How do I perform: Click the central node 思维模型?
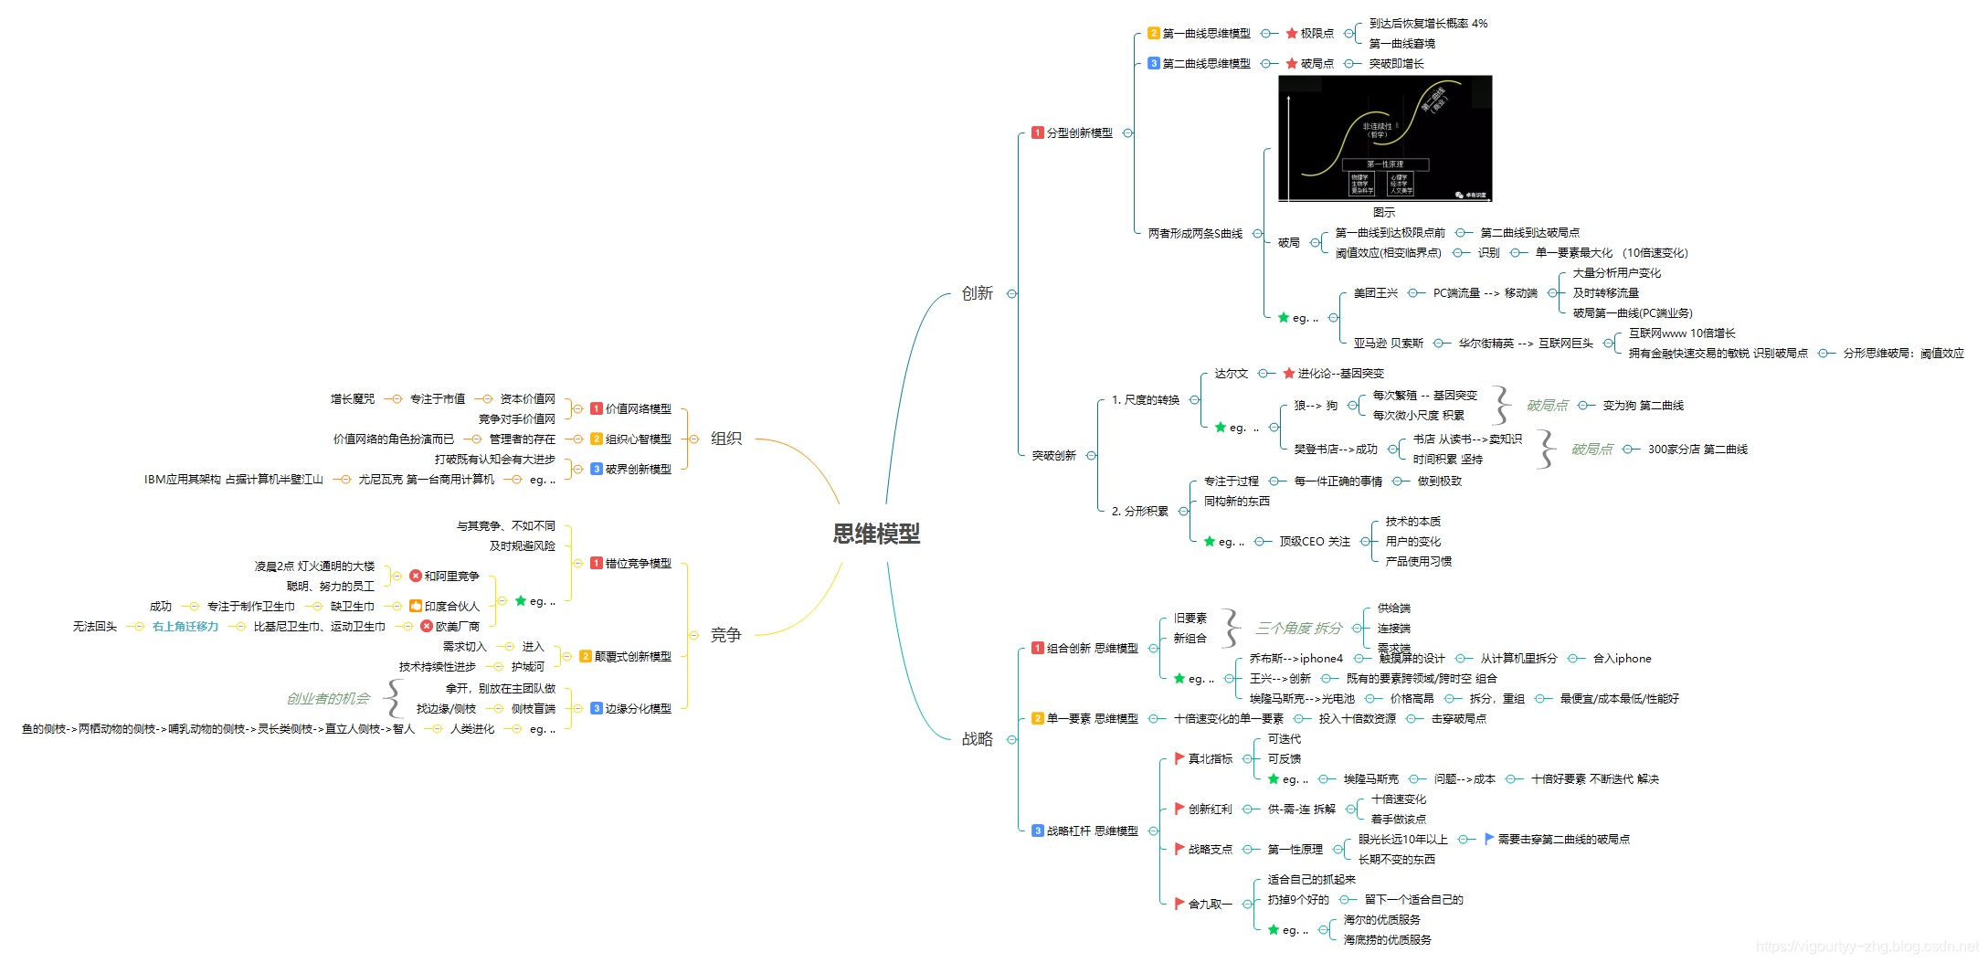[x=875, y=534]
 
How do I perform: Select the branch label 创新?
[x=977, y=293]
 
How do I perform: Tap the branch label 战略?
[x=977, y=739]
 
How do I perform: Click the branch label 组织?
[x=726, y=439]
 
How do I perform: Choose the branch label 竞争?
[x=726, y=635]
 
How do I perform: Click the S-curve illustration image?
[x=1384, y=138]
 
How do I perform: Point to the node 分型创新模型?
[x=1079, y=133]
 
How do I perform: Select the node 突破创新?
[x=1053, y=456]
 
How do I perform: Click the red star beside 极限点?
[x=1292, y=34]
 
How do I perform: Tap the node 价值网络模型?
[x=638, y=409]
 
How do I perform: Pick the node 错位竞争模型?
[x=638, y=564]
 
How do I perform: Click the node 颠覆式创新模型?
[x=632, y=657]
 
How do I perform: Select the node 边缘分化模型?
[x=638, y=709]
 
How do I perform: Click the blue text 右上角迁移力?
[x=185, y=627]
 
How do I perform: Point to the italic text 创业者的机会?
[x=328, y=699]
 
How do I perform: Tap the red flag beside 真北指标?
[x=1179, y=758]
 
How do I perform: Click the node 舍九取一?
[x=1210, y=905]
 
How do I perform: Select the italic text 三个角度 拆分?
[x=1298, y=629]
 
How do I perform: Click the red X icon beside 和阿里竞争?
[x=416, y=577]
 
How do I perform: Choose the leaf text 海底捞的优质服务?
[x=1387, y=940]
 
